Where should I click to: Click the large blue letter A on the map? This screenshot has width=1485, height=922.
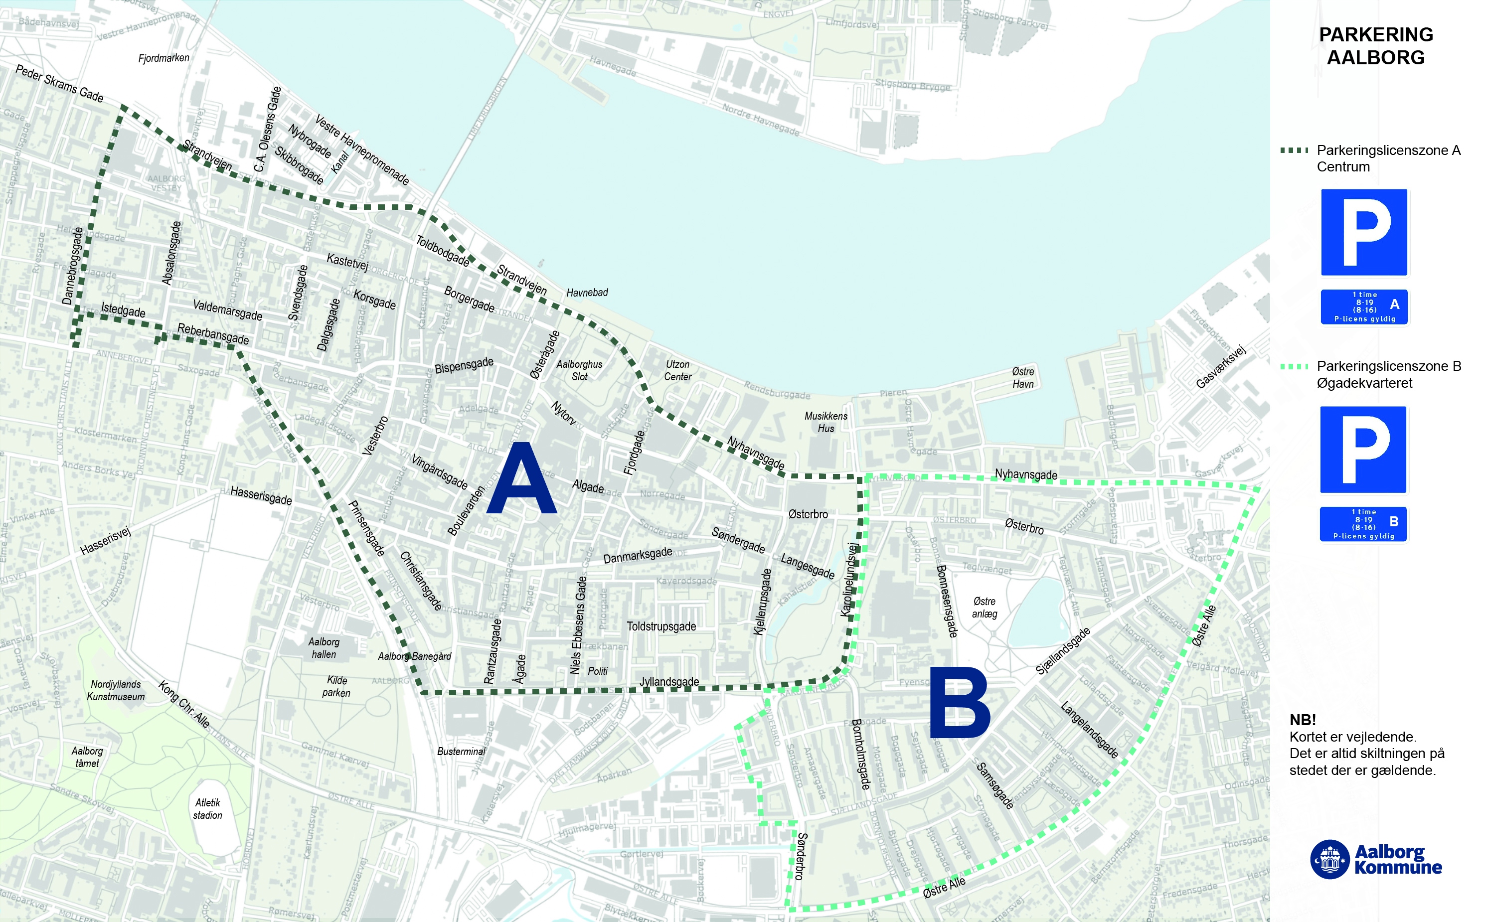522,479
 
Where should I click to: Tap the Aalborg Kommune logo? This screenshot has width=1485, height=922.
1375,859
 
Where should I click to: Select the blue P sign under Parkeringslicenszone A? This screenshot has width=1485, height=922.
1364,232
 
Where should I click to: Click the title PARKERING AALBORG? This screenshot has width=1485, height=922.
1375,46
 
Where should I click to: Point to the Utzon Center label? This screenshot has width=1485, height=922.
677,370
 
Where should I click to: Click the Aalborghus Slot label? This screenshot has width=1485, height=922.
579,370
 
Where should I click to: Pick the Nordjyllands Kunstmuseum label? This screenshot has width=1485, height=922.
116,690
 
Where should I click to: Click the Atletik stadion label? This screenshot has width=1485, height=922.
207,808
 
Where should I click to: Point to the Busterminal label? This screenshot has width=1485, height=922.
461,751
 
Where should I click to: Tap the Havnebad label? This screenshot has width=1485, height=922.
587,293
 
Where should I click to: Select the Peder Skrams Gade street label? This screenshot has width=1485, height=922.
59,84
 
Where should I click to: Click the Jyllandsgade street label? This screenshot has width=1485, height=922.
669,682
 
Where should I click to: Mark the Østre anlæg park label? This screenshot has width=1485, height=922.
985,608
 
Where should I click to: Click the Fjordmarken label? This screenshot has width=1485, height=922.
164,58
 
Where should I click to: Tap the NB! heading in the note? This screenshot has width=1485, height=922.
1303,720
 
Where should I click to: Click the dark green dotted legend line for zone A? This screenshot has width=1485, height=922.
1294,150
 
